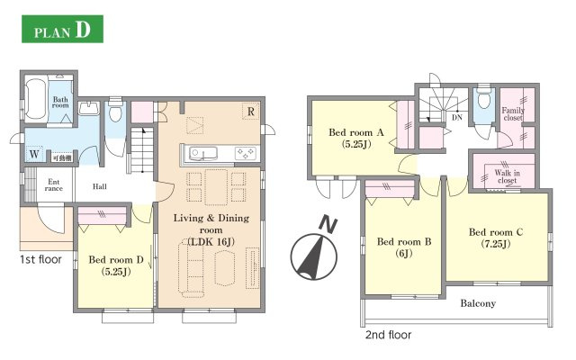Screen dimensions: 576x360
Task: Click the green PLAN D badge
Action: click(62, 29)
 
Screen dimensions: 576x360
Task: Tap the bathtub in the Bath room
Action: click(36, 99)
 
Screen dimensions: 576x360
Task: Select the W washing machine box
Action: click(34, 154)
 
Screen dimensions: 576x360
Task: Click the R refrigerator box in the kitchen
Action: click(251, 112)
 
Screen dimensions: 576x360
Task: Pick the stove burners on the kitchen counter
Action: click(246, 153)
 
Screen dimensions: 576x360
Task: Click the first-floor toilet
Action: click(115, 110)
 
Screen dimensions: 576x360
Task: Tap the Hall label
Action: click(100, 186)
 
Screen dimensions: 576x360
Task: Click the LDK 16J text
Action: click(211, 242)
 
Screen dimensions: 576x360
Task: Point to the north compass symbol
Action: click(314, 250)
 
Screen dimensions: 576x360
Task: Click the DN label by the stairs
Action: click(457, 118)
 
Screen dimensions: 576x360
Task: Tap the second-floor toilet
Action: click(484, 98)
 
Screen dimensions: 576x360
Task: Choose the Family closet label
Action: click(513, 114)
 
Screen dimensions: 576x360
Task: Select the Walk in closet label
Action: click(508, 176)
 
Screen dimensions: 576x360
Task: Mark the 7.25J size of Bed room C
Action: click(496, 244)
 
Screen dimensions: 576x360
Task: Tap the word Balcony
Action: click(478, 303)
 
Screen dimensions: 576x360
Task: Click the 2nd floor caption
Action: click(388, 335)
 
